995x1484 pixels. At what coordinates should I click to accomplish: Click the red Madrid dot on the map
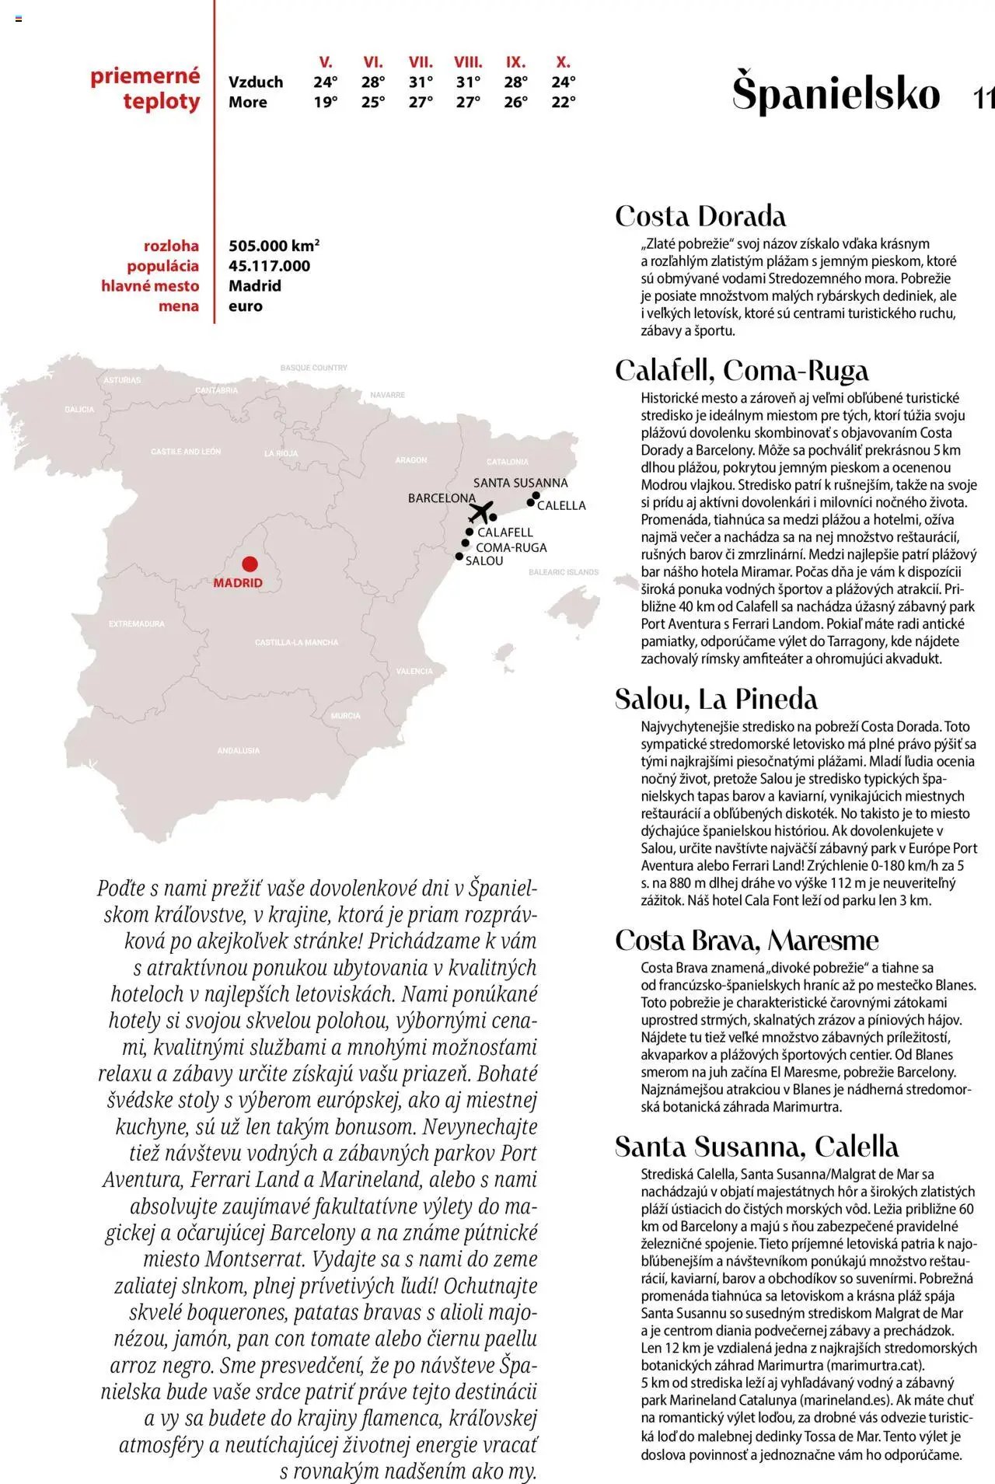click(x=250, y=564)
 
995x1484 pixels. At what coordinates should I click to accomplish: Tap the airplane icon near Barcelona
click(x=482, y=512)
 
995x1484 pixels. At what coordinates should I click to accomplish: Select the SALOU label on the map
click(x=484, y=561)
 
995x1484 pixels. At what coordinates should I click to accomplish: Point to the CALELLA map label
click(x=561, y=505)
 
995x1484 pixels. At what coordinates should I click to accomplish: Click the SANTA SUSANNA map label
click(x=520, y=483)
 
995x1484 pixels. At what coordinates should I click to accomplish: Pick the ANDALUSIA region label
click(x=239, y=751)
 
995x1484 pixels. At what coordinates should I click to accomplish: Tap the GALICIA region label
click(x=79, y=410)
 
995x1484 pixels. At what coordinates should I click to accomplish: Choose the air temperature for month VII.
click(x=421, y=82)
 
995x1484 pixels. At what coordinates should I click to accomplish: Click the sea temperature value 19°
click(x=326, y=102)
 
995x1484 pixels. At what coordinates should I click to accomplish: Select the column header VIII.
click(x=468, y=62)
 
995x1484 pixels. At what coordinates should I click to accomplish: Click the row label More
click(x=248, y=102)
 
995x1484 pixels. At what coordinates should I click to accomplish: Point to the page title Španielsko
click(x=836, y=93)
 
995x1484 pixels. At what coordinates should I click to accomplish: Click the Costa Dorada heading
click(x=700, y=216)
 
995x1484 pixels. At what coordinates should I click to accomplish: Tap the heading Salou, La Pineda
click(x=716, y=699)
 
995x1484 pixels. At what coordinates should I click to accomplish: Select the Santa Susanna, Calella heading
click(x=756, y=1147)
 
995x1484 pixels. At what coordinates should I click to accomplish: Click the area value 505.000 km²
click(x=274, y=246)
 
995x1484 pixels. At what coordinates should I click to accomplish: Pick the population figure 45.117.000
click(x=269, y=266)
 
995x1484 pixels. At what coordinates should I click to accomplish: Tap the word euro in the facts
click(x=246, y=306)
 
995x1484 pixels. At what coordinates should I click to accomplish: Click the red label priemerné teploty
click(x=146, y=89)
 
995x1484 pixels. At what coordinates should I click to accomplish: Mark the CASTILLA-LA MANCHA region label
click(x=297, y=643)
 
